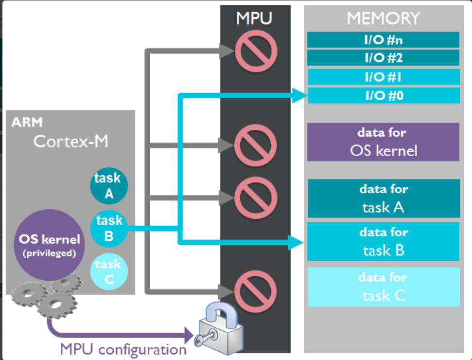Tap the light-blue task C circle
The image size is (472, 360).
(x=108, y=271)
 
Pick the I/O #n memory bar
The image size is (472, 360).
(x=383, y=40)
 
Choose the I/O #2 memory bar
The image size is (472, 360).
(x=383, y=58)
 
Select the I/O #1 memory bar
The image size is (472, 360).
(x=383, y=77)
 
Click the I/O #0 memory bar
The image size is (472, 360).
(x=383, y=95)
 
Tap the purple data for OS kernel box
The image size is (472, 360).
(x=383, y=142)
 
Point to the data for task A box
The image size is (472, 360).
(x=383, y=198)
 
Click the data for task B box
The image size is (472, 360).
(x=383, y=241)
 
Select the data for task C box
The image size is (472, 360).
(x=383, y=287)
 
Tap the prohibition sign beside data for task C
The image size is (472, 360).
(x=255, y=292)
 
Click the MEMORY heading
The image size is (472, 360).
(x=383, y=18)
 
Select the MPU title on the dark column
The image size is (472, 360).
(x=254, y=18)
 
